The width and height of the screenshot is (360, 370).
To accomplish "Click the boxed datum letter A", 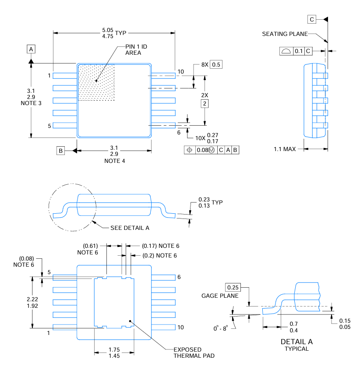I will point(31,49).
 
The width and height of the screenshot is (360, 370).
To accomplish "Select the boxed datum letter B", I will point(61,151).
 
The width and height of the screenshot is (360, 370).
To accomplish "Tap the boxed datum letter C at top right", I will point(312,19).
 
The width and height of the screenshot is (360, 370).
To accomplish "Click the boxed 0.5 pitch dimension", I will point(216,65).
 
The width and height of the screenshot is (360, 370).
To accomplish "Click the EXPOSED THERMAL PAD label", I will point(188,352).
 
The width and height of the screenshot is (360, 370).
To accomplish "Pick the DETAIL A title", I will point(296,342).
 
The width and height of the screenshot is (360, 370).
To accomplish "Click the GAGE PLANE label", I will point(220,296).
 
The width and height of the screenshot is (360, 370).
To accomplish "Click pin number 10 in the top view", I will point(181,72).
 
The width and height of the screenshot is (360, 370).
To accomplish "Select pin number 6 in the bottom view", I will point(179,277).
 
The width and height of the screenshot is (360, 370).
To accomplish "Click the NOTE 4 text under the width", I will point(114,161).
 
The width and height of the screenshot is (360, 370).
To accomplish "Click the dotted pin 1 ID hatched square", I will point(96,82).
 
